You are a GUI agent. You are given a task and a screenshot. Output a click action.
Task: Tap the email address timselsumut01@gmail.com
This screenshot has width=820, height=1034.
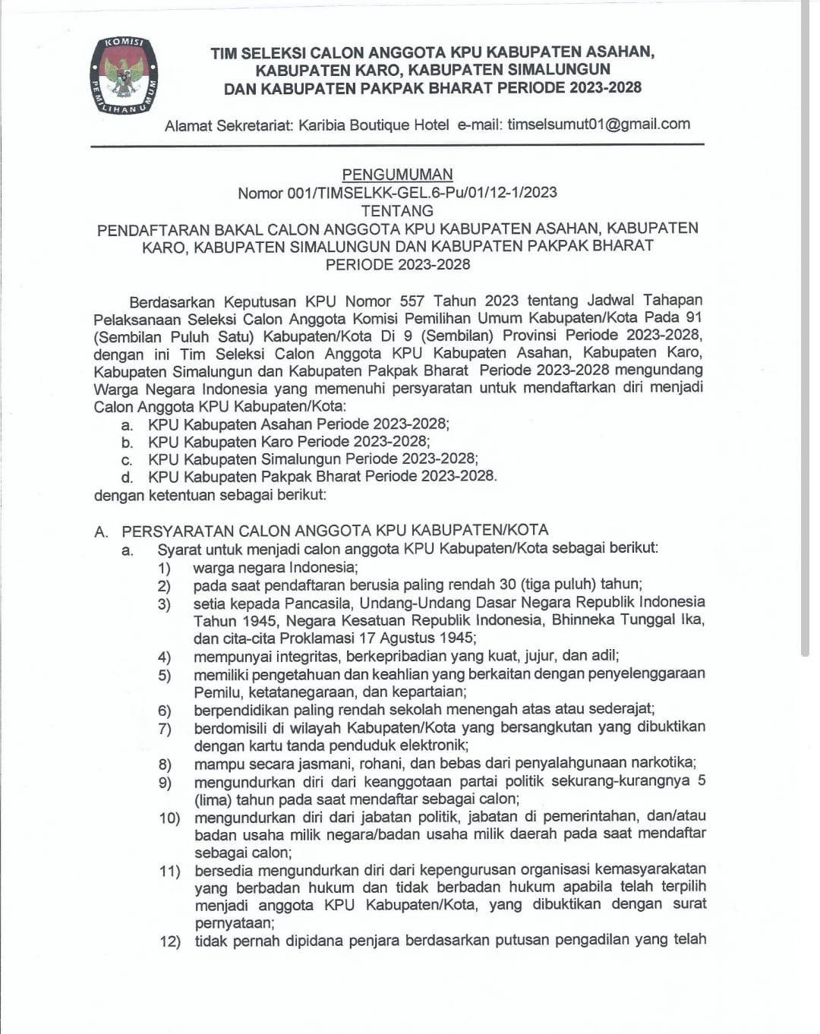click(598, 125)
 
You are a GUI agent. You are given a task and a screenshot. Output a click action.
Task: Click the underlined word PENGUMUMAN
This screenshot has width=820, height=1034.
click(397, 175)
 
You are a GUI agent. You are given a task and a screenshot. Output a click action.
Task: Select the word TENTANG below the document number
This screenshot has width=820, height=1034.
click(397, 211)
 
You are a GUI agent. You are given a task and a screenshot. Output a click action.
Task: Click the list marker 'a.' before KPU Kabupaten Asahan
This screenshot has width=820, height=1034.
click(127, 425)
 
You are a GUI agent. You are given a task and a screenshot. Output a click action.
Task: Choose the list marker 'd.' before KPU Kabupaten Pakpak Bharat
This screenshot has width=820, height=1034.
click(127, 478)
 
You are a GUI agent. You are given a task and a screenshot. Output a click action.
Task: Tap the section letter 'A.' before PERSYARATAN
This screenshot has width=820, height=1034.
click(102, 531)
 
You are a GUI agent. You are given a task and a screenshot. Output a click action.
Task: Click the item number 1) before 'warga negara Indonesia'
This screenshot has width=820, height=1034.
click(164, 569)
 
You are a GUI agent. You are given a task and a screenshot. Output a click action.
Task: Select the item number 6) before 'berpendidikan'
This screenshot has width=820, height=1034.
click(165, 711)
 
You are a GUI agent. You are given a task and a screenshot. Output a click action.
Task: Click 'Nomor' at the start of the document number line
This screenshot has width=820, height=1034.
click(260, 194)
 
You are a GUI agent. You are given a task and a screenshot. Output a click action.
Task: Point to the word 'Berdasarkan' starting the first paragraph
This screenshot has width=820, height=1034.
click(172, 301)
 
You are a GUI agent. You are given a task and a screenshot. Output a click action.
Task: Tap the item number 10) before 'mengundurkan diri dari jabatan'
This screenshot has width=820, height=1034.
click(169, 818)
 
